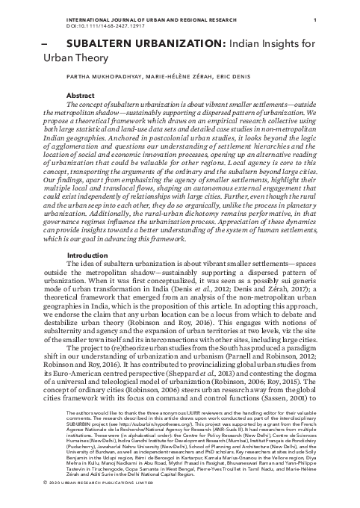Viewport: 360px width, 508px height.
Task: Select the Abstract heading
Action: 101,96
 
